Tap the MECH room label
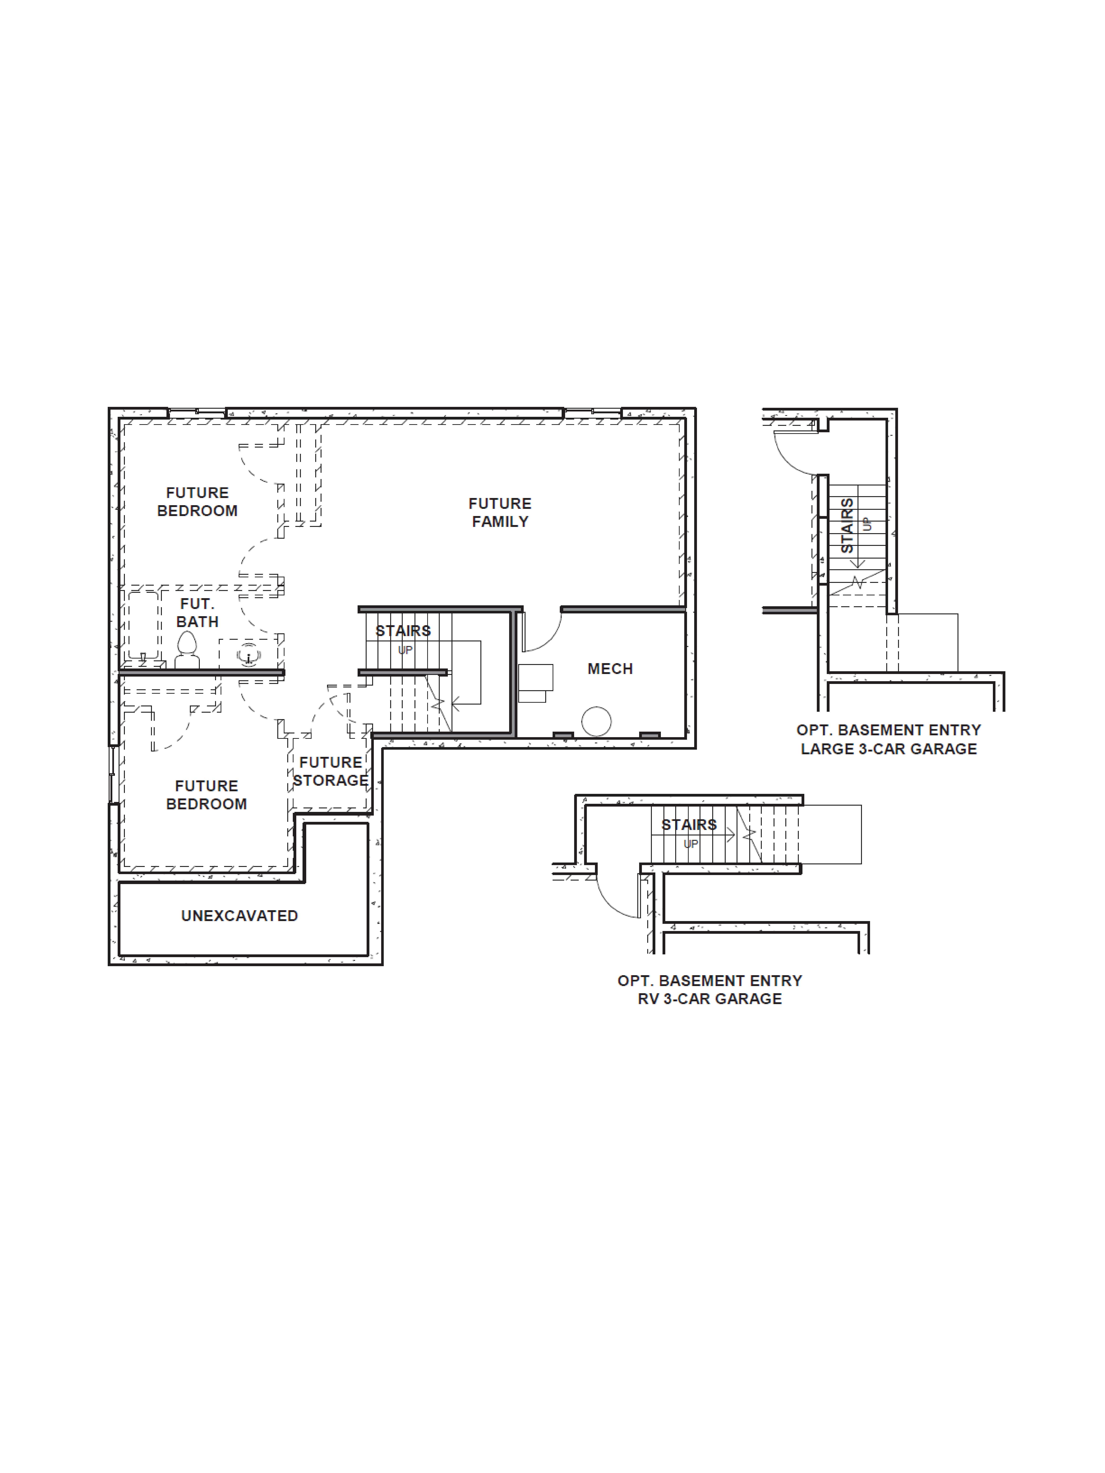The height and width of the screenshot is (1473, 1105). [x=609, y=669]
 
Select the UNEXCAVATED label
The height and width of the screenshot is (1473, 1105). [x=239, y=916]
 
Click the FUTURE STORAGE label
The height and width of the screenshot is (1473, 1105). [x=330, y=771]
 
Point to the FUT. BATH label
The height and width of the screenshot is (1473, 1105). [x=197, y=613]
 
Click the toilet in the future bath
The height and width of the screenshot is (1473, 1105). [x=187, y=649]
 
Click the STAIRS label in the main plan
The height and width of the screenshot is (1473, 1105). [x=403, y=631]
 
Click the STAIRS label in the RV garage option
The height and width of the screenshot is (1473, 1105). [x=689, y=824]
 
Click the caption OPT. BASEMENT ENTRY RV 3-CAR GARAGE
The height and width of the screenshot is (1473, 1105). [x=709, y=990]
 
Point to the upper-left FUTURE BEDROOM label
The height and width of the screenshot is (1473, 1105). [x=197, y=501]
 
